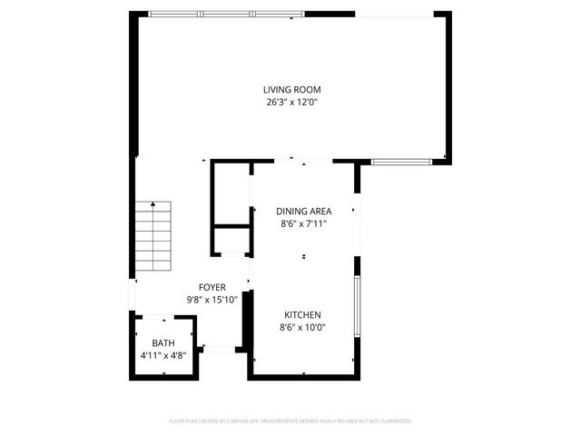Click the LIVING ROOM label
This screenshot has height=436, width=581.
pyautogui.click(x=291, y=90)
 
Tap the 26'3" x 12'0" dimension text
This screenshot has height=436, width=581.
pyautogui.click(x=291, y=103)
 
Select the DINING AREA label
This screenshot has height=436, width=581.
pyautogui.click(x=303, y=212)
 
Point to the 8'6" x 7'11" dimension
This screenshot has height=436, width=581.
pyautogui.click(x=303, y=223)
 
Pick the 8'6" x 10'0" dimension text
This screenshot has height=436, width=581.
pyautogui.click(x=302, y=327)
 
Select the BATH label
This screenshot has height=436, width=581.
pyautogui.click(x=163, y=342)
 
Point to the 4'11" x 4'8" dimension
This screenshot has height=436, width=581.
pyautogui.click(x=163, y=355)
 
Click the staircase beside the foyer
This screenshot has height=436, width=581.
pyautogui.click(x=154, y=237)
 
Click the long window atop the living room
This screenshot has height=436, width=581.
pyautogui.click(x=226, y=15)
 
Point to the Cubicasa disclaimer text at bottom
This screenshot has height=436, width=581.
pyautogui.click(x=290, y=421)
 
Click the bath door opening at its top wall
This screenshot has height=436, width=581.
pyautogui.click(x=164, y=316)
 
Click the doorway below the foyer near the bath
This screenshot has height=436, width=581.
pyautogui.click(x=219, y=348)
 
